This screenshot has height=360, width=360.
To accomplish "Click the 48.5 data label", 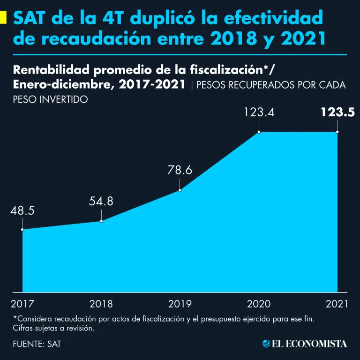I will pos(22,210).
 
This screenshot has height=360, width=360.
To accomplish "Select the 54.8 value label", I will pos(101,202).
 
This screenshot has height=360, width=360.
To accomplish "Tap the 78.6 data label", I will pos(180,171).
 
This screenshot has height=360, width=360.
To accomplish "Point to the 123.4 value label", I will pos(258,112).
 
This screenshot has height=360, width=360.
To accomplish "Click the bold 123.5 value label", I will pos(337,112).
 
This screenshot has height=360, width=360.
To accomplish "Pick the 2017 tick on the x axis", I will pos(22,304).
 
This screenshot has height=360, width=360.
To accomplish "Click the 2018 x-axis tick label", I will pos(101,304).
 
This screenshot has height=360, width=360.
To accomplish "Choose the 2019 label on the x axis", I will pos(180,304).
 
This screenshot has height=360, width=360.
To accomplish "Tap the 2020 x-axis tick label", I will pos(258,304).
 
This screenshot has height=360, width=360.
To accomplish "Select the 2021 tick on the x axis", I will pos(337,304).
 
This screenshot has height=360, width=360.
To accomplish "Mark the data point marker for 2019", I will pos(180,190).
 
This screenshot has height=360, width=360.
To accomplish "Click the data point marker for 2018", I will pos(101,221).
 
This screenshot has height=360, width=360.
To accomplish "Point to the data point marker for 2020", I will pos(258,132).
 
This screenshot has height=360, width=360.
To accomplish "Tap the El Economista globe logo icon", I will pos(267,344).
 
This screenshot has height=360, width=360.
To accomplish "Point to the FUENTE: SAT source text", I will pos(37,344).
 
